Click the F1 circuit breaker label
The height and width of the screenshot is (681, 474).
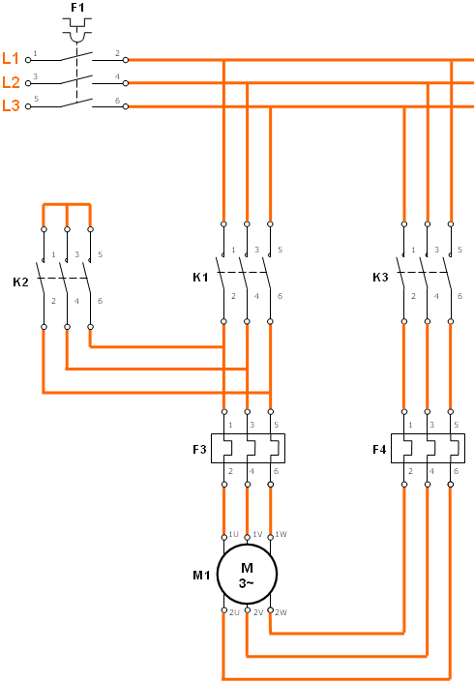77,8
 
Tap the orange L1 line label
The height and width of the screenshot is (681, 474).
11,58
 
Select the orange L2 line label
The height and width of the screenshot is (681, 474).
11,81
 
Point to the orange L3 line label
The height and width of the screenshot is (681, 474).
11,105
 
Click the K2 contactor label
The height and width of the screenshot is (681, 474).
20,281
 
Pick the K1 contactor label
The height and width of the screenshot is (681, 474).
200,277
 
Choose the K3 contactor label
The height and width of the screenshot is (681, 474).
380,277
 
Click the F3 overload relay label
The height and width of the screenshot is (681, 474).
199,449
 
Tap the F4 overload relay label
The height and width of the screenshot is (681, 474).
379,449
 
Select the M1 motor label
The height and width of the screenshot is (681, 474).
201,575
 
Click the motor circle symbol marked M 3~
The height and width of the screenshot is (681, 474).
247,575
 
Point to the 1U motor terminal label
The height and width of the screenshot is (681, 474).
234,534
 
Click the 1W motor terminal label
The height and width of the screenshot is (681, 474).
281,534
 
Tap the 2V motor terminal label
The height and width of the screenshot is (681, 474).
258,612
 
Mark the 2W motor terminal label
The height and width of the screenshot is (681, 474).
281,612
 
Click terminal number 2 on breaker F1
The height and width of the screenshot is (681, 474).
117,53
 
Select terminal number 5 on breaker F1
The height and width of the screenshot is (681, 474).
37,99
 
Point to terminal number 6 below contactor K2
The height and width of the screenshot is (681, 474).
100,301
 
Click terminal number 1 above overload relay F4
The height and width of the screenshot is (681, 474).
410,425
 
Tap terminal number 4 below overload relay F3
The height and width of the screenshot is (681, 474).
252,471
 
